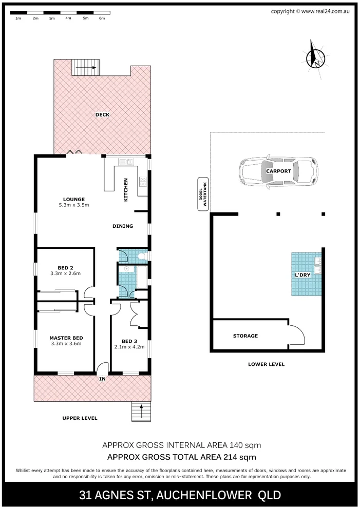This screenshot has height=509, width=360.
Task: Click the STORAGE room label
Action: click(x=245, y=336)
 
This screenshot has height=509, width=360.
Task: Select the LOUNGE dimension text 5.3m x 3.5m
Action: click(x=74, y=205)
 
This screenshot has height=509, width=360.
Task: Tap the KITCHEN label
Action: click(x=125, y=190)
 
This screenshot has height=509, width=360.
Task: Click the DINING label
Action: click(x=123, y=226)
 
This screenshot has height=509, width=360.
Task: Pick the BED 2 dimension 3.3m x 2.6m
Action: click(x=65, y=273)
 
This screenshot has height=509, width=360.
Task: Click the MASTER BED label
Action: click(x=66, y=338)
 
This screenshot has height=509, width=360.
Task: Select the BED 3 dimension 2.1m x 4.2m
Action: click(x=129, y=347)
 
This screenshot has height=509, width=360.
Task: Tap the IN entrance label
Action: click(x=103, y=379)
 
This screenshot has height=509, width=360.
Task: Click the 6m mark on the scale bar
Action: click(x=102, y=18)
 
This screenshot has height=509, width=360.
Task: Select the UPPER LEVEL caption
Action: click(x=80, y=418)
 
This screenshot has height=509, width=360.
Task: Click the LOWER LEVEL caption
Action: click(x=266, y=364)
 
